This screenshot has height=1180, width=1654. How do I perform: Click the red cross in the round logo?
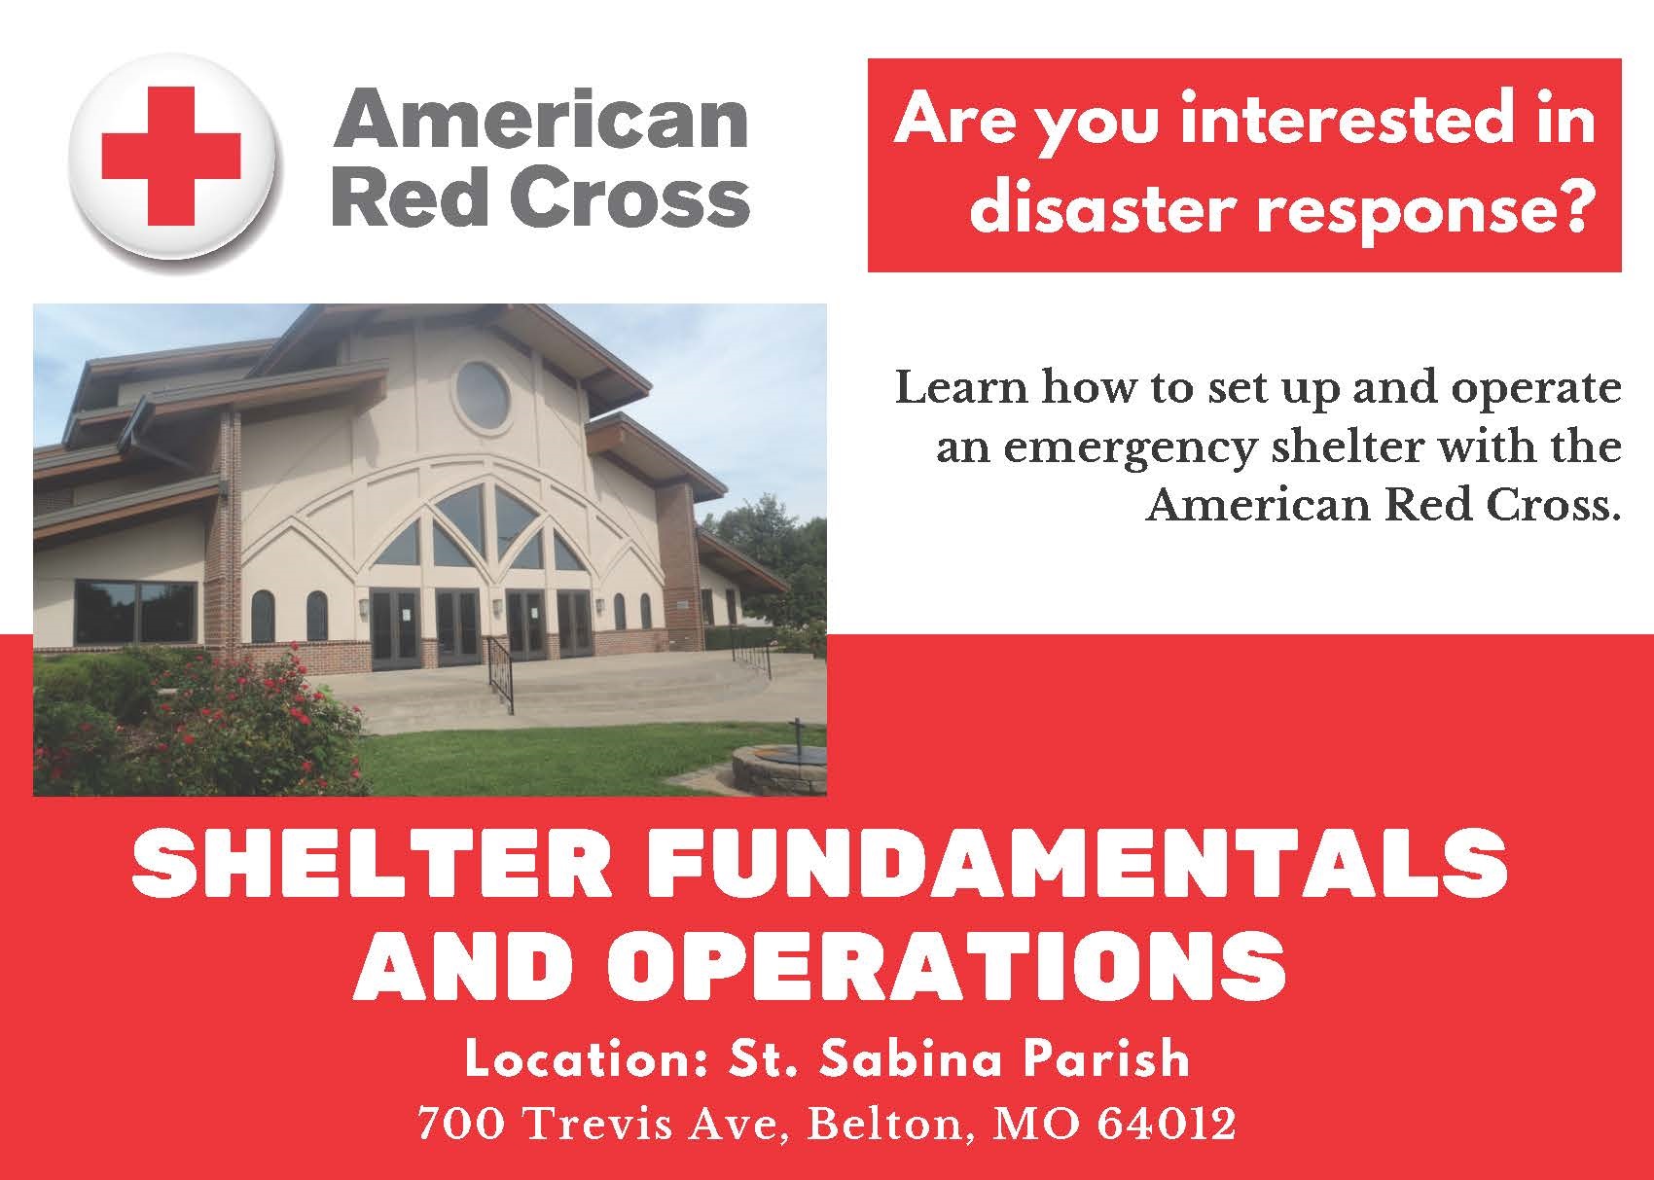[170, 156]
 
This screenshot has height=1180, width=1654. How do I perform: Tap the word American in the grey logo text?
[541, 119]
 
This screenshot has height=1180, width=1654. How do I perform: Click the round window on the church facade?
[483, 396]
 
